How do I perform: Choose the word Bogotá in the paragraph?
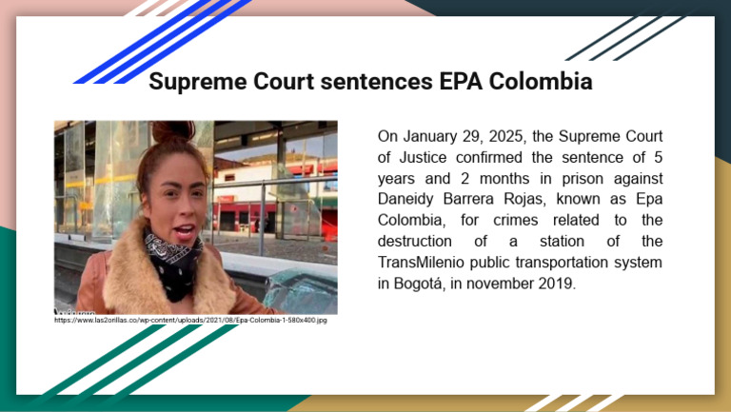point(424,283)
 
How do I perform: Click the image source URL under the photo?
point(190,321)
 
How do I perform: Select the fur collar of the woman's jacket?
point(124,266)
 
